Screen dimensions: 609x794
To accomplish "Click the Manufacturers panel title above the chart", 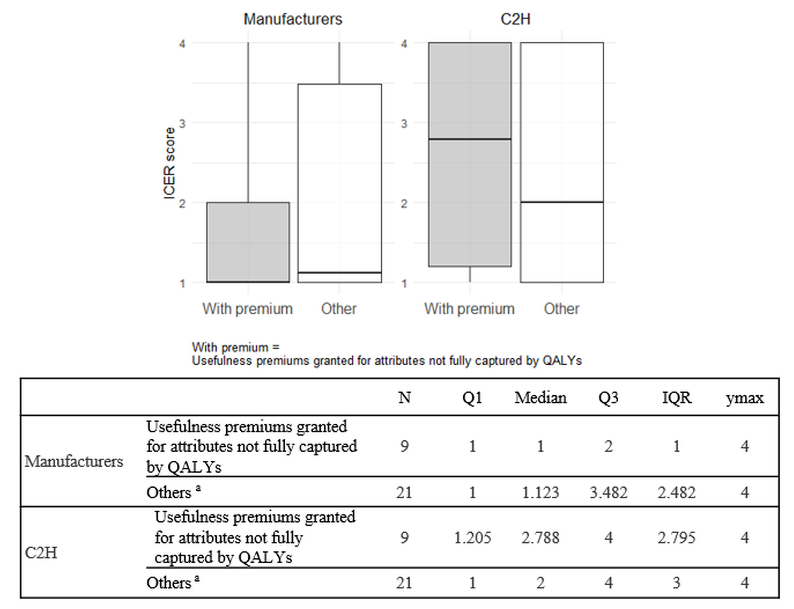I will tap(293, 19).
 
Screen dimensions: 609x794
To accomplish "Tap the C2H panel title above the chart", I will tap(515, 19).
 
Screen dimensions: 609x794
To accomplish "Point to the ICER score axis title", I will tap(169, 163).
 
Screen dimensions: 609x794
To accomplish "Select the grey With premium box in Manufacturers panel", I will tap(248, 242).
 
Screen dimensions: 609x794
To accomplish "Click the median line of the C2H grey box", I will tap(470, 139).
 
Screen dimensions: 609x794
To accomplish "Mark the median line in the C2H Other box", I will tap(562, 202).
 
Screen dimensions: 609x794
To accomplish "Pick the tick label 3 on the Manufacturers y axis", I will tap(182, 123).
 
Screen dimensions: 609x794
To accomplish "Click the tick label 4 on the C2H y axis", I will tap(404, 44).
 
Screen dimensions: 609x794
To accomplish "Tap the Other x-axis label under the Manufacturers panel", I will tap(339, 309).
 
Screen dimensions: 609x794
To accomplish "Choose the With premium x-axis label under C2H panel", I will tap(469, 309).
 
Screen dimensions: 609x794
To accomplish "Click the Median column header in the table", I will tap(540, 398).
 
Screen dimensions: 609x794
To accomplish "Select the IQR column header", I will tap(677, 398).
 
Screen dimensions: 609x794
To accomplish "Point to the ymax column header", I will tap(744, 398).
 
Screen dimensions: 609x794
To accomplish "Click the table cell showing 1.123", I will tap(540, 493).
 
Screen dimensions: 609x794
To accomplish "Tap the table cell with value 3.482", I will tap(608, 493).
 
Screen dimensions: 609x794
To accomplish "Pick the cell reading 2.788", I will tap(540, 538).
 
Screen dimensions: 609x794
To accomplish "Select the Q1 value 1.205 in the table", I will tap(473, 538).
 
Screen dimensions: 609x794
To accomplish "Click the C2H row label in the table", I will tap(41, 553).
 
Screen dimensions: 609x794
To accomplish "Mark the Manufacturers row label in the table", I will tap(74, 461).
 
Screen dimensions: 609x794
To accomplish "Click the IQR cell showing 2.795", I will tap(677, 538).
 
